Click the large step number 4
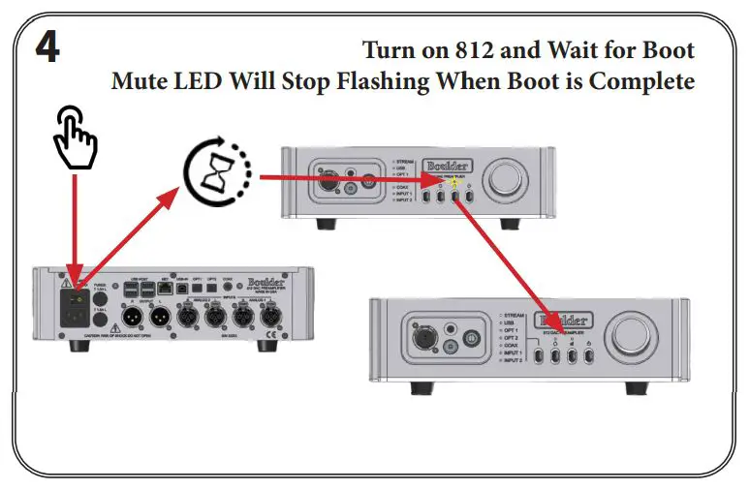tap(47, 48)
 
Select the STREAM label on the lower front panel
tap(511, 316)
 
